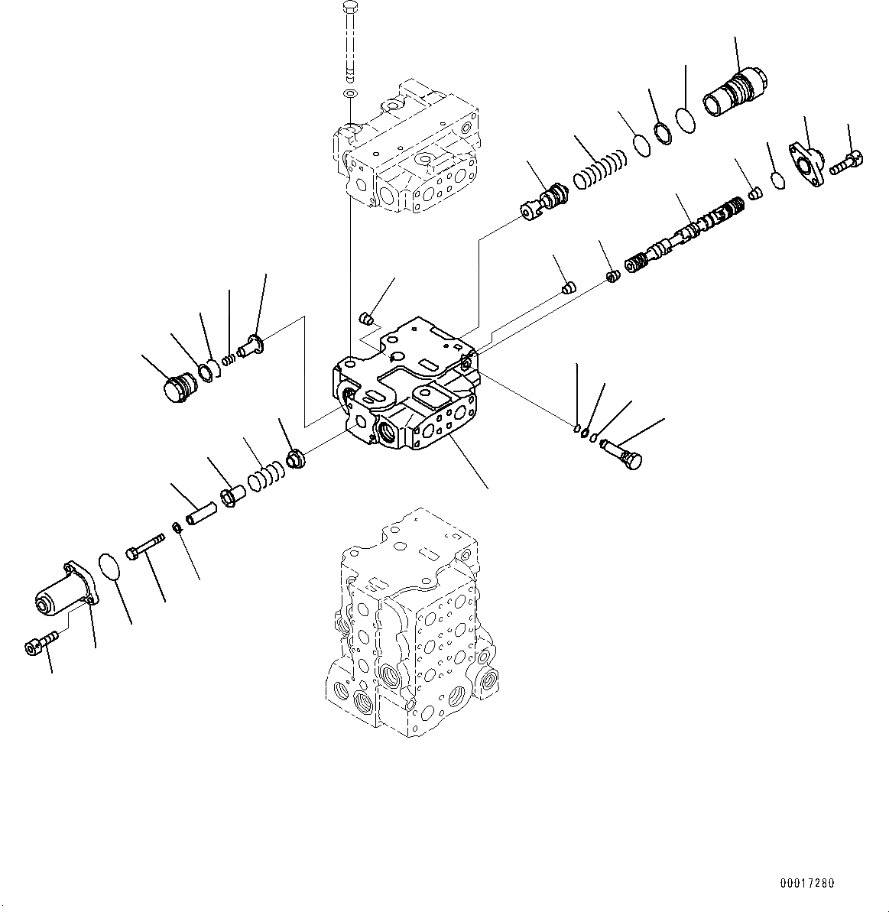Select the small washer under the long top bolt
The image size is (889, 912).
[350, 93]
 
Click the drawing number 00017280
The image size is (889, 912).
[806, 884]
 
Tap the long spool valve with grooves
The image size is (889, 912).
[684, 233]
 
